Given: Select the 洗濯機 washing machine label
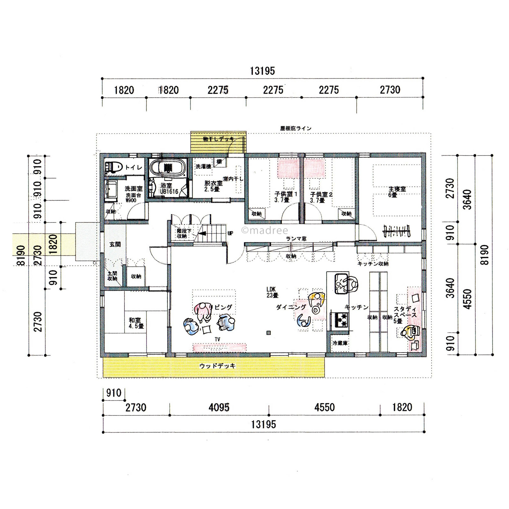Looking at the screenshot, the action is [203, 167].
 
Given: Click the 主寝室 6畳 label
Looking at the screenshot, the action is [397, 192].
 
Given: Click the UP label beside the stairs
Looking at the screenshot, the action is [230, 233].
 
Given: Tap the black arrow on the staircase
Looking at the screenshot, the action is [202, 233].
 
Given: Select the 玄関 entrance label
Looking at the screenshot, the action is [115, 244].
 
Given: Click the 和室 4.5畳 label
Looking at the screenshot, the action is [136, 323].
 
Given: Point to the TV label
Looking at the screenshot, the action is [217, 339].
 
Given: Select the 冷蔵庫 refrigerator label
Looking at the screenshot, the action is [340, 343].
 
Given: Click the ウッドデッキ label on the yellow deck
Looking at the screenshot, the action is [217, 366].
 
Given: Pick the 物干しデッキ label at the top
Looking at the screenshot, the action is [218, 139].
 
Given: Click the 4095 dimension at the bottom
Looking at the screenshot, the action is [219, 407].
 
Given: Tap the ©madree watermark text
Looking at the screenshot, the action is [264, 231].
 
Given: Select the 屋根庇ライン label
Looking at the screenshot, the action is [296, 128].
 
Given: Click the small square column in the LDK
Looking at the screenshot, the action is [268, 333].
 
